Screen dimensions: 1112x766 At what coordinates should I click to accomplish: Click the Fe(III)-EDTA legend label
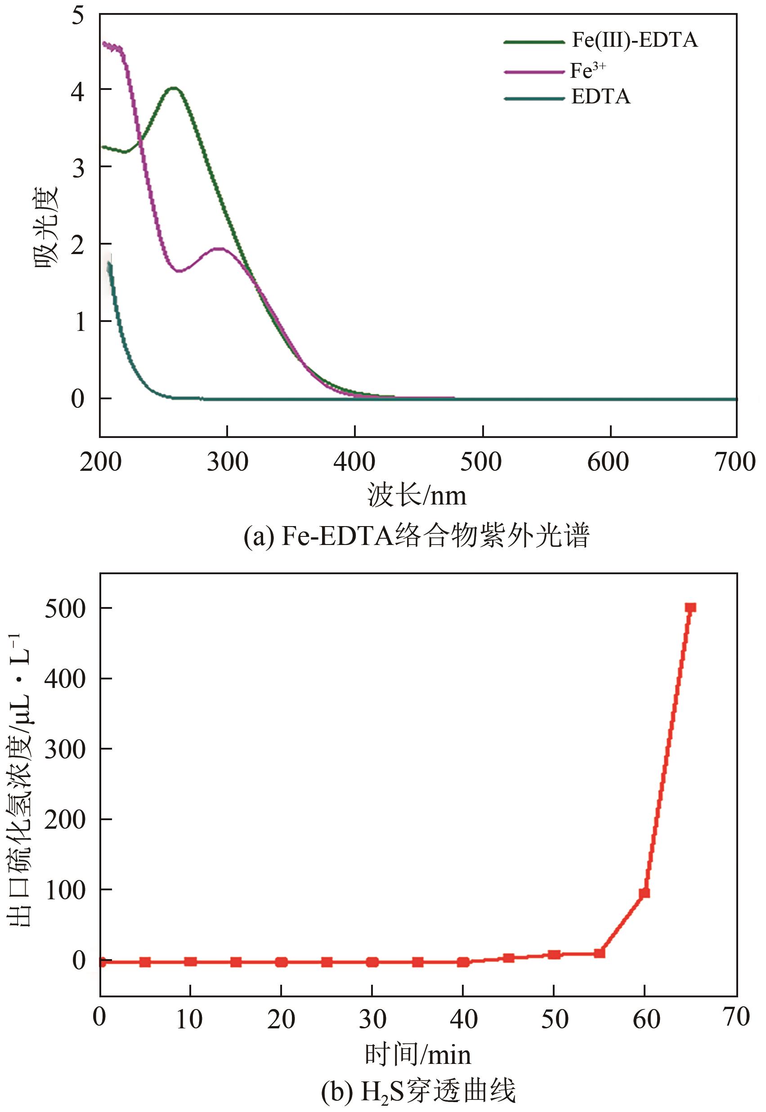635,40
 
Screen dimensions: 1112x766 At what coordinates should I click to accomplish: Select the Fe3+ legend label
587,71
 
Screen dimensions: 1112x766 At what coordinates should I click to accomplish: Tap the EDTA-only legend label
600,97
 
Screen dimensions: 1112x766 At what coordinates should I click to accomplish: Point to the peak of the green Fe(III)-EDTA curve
174,88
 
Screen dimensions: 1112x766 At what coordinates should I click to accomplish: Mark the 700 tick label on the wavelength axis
735,462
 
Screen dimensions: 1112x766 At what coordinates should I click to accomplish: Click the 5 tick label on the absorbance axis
78,15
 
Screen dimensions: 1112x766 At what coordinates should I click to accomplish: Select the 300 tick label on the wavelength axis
227,462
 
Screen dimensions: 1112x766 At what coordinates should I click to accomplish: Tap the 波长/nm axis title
417,496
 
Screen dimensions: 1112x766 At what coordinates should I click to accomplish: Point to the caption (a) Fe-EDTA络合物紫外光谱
416,536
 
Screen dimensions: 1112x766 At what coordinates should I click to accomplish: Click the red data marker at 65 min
690,608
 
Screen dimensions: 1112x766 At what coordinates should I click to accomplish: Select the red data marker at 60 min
645,893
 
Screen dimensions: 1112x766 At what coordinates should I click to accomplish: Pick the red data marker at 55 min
599,953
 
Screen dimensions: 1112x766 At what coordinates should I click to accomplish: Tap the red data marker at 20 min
281,962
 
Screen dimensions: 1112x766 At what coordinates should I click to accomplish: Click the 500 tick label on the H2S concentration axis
65,609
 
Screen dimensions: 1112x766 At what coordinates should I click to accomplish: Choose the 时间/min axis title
417,1054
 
